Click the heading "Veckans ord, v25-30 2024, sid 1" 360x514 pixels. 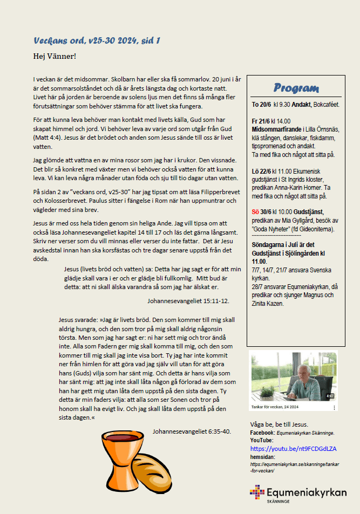(96, 40)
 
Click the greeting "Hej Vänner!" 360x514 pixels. (55, 56)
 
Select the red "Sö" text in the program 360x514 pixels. (256, 212)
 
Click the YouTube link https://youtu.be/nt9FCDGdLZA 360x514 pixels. (293, 448)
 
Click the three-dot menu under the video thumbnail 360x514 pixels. (334, 408)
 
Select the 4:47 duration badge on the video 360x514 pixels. (330, 396)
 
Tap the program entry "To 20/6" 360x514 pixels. (261, 104)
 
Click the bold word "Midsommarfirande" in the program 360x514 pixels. (276, 129)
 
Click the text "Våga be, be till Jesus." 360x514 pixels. (279, 424)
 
